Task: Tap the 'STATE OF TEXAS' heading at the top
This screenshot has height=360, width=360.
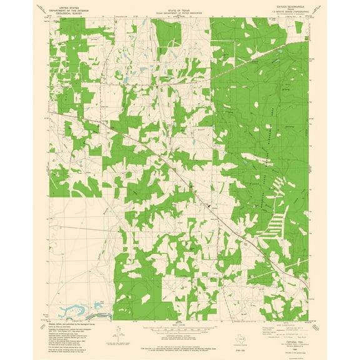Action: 179,7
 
